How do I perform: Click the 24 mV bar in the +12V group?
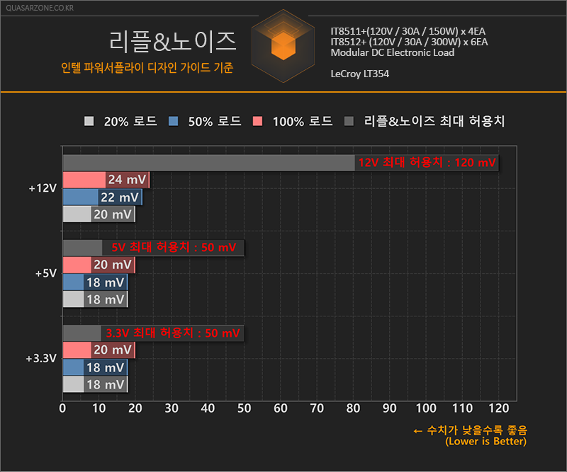point(106,180)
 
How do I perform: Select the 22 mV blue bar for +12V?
point(102,197)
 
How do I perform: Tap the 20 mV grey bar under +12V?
point(99,214)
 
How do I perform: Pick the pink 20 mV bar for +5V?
point(99,265)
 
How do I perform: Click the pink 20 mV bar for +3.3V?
point(99,350)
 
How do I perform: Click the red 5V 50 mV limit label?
point(174,248)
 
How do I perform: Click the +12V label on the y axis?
point(42,188)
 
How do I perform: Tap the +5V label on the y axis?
point(45,273)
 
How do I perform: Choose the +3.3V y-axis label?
point(40,359)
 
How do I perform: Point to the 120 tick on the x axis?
point(498,408)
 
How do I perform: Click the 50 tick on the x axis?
point(245,408)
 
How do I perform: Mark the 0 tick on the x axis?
point(63,408)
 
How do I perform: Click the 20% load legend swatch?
point(89,121)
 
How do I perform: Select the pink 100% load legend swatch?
point(257,121)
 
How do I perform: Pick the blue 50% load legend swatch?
point(173,121)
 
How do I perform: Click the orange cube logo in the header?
point(283,45)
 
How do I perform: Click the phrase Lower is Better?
point(486,442)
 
